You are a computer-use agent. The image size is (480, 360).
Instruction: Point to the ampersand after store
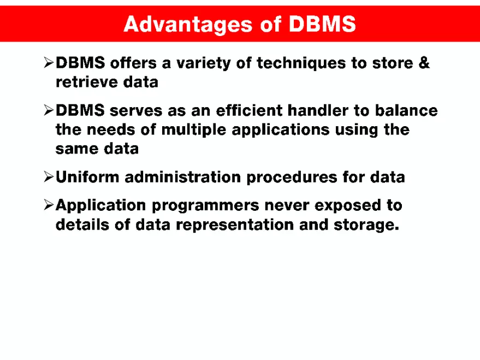(424, 63)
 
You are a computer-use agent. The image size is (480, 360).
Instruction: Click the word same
(75, 149)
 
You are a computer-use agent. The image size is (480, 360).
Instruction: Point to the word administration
(187, 177)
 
